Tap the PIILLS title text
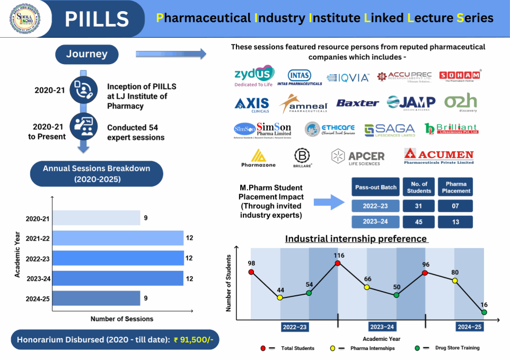97,19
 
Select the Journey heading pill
87,54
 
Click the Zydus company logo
254,76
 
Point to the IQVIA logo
348,77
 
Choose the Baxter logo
358,103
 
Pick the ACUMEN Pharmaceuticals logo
438,156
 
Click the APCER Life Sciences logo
358,156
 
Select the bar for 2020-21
97,218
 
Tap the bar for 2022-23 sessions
118,258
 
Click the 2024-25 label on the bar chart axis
38,299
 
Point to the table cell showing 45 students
419,223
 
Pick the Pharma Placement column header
455,187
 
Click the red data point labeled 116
338,264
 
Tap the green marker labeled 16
484,312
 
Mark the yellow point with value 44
280,298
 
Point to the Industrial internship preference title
356,239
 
